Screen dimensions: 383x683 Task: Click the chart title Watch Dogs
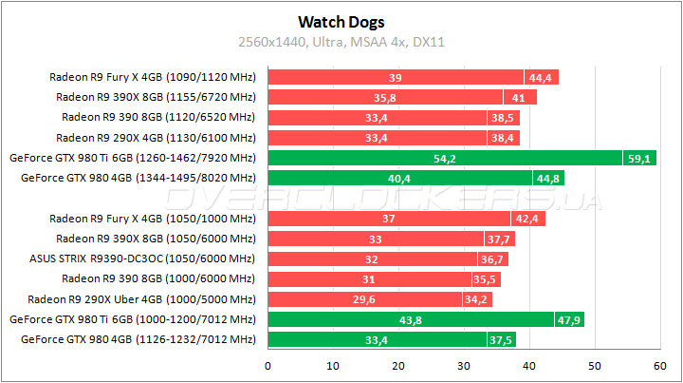[x=341, y=20]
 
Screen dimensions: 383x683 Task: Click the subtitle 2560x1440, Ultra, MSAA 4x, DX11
[x=341, y=42]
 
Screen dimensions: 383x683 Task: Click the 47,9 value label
[x=569, y=319]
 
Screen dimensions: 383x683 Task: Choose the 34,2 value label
[x=477, y=299]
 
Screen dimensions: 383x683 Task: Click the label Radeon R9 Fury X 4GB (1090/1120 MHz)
[x=152, y=78]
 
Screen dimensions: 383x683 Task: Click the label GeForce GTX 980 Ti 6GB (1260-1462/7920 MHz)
[x=132, y=158]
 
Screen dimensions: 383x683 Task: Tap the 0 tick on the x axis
[x=268, y=365]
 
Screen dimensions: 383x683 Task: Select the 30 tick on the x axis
[x=464, y=365]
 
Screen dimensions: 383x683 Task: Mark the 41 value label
[x=521, y=97]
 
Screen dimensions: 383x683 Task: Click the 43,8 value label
[x=412, y=319]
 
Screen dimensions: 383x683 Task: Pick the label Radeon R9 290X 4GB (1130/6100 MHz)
[x=156, y=138]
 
